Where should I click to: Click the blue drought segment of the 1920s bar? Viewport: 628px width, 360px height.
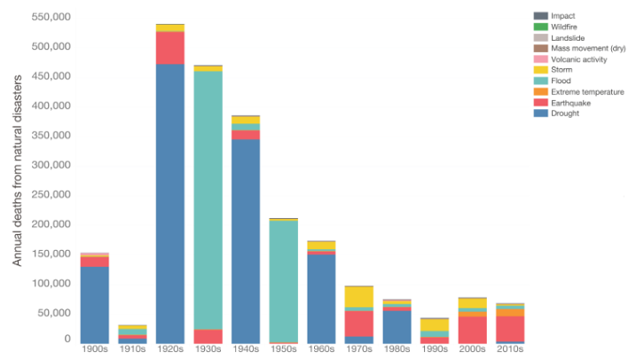(169, 203)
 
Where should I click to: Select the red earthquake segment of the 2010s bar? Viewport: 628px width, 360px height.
(510, 328)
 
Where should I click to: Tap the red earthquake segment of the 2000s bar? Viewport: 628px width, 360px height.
(472, 329)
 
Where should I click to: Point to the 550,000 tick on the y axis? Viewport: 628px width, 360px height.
(52, 17)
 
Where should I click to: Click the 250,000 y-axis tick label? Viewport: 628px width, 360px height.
(52, 194)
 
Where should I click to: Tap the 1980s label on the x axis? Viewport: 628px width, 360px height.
(396, 349)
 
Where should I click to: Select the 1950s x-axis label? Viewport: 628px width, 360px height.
(284, 349)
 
